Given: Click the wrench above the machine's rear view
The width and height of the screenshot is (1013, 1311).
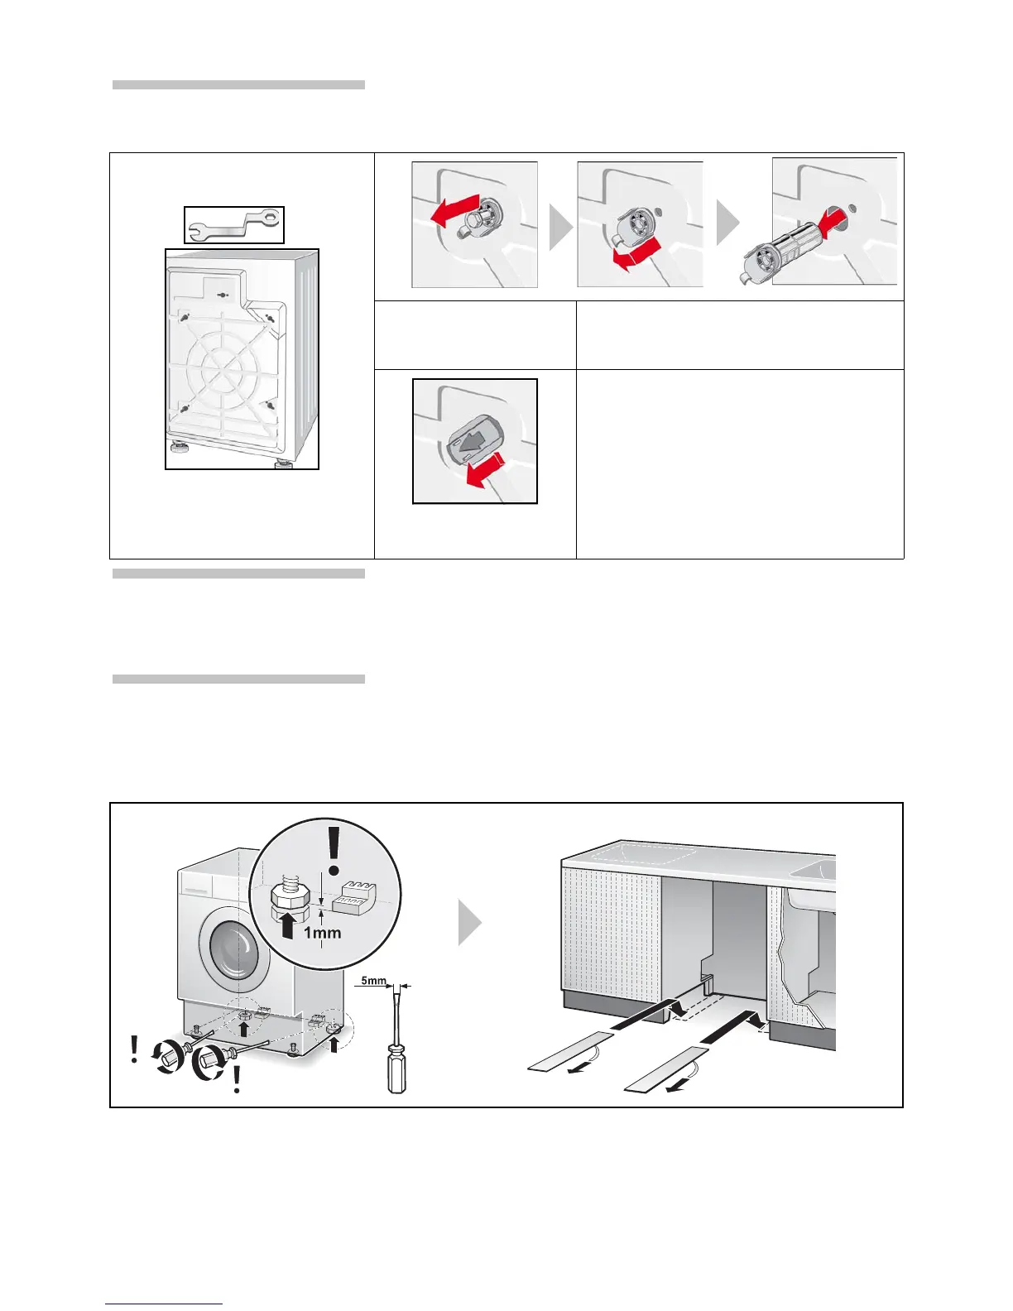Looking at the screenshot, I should point(234,224).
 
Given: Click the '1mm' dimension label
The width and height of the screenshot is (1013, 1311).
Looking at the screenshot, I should point(322,933).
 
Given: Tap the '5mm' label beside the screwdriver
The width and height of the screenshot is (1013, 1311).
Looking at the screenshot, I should point(373,981).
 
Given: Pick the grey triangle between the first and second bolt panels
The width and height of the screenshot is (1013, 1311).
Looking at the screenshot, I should point(560,227).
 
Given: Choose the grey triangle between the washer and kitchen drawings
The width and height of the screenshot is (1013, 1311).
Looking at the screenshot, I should point(469,923).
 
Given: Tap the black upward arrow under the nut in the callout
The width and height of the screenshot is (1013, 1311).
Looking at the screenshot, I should point(288,924).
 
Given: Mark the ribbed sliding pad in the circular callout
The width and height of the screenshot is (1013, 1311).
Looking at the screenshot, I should point(354,896).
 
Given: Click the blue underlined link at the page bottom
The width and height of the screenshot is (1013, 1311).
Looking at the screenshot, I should point(164,1304).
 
